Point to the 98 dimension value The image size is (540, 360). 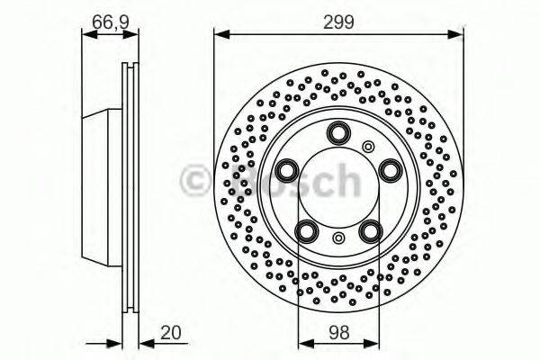pos(337,332)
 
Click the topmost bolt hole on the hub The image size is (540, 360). pos(337,133)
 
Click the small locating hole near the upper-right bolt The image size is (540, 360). pos(367,147)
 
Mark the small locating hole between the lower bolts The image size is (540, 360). pos(337,238)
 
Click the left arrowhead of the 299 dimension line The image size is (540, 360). pos(219,35)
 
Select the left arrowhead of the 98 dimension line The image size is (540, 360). pos(303,343)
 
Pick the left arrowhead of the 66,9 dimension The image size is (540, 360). pos(87,35)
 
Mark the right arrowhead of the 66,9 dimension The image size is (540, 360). pos(134,35)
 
